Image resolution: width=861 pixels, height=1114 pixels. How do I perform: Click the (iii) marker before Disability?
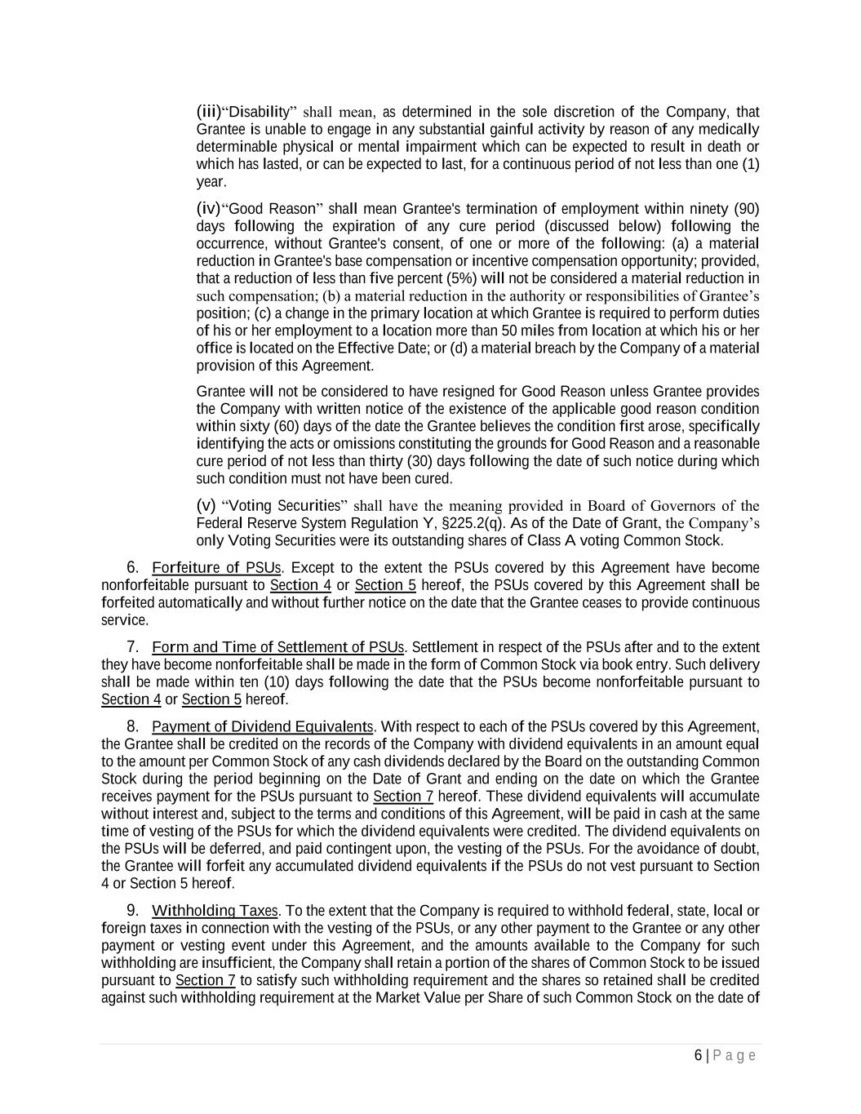click(209, 111)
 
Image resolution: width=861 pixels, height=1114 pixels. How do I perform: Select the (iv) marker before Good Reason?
click(209, 208)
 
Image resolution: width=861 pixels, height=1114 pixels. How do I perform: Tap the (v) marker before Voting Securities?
click(206, 505)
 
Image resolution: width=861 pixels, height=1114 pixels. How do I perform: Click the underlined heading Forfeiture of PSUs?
click(217, 568)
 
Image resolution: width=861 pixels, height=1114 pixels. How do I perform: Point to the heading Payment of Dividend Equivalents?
click(262, 726)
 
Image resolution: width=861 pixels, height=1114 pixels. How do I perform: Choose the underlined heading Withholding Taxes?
click(215, 911)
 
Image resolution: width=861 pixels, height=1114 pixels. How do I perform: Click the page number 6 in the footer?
click(698, 1055)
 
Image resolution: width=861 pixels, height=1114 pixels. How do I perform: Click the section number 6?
click(131, 568)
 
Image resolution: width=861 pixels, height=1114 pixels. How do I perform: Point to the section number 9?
click(131, 911)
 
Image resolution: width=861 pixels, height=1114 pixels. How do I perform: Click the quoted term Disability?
click(256, 111)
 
